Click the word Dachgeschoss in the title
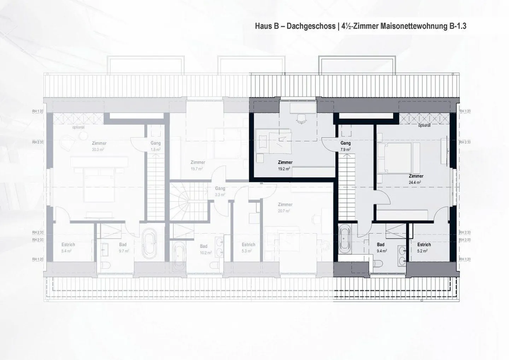click(307, 26)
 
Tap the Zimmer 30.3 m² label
click(99, 146)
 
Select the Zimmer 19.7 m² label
click(198, 165)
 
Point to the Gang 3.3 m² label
click(220, 191)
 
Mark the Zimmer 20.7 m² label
click(285, 207)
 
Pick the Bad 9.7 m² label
click(123, 248)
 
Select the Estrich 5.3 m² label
click(248, 248)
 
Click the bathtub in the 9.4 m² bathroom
click(344, 240)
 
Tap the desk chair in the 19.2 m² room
click(301, 119)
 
